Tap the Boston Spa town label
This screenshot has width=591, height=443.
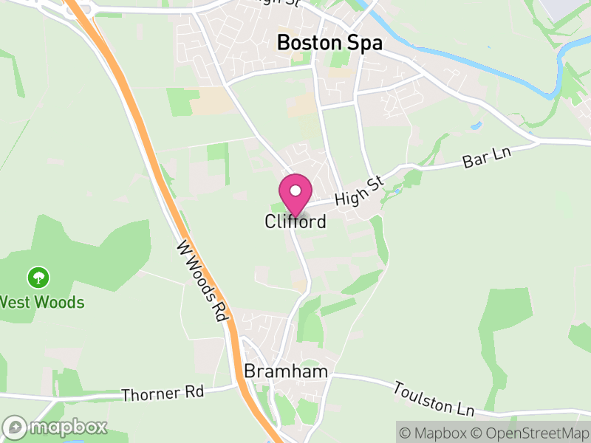[x=329, y=43]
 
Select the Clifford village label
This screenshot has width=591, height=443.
[x=295, y=221]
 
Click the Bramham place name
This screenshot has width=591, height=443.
[x=286, y=371]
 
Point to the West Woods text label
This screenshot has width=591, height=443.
[x=41, y=302]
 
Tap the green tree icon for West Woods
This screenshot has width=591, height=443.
[x=38, y=278]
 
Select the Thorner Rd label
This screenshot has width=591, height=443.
[x=163, y=394]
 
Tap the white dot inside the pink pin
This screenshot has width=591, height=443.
[x=295, y=190]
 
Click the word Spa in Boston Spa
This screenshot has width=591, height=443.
[x=366, y=43]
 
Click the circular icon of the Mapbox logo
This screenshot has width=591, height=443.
[x=16, y=427]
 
